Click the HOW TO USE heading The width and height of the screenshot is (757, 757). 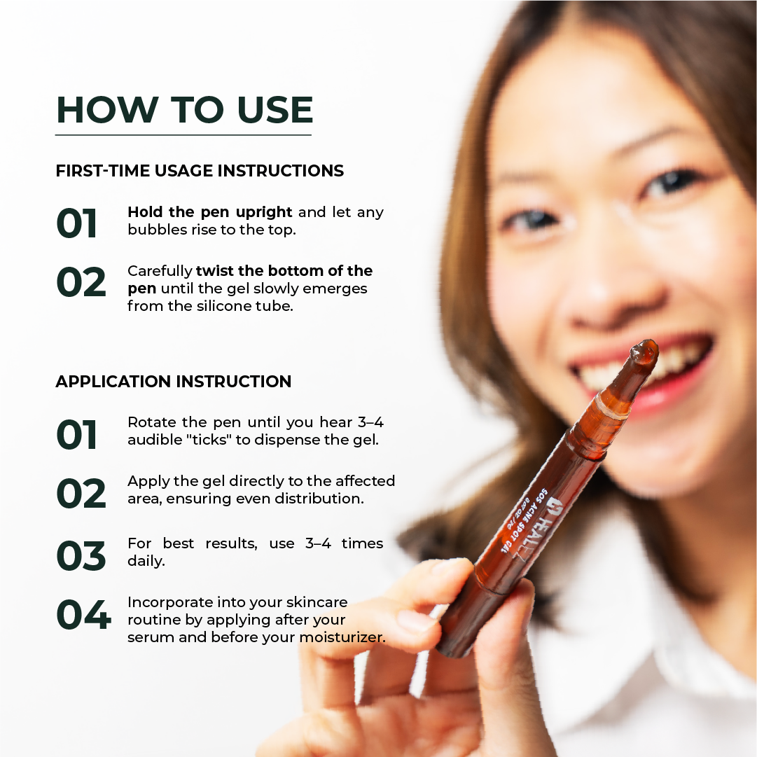[x=184, y=109]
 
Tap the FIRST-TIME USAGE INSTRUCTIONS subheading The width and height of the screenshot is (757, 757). [x=200, y=171]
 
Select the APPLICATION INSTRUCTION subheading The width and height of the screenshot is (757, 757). [x=173, y=382]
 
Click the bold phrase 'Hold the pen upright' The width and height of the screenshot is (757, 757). [x=209, y=212]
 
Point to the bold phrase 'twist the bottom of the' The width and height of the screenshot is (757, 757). [x=284, y=271]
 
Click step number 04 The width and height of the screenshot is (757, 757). [x=83, y=615]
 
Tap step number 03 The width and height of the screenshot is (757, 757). [x=81, y=556]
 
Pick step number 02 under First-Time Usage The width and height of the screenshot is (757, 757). [x=81, y=282]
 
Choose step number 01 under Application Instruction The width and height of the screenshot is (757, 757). [x=77, y=434]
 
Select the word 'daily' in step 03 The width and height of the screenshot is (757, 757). [x=146, y=562]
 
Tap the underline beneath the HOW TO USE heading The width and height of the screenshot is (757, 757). [x=183, y=135]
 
